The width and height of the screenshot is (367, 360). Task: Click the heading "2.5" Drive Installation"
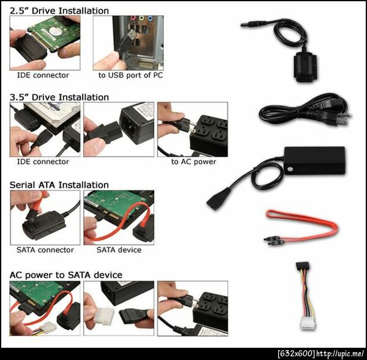tap(59, 11)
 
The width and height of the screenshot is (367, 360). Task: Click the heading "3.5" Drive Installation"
tap(59, 97)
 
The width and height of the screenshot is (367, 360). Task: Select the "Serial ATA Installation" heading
tap(59, 185)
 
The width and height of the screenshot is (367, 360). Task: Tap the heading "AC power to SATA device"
tap(66, 275)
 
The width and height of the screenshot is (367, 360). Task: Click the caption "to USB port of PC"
tap(130, 75)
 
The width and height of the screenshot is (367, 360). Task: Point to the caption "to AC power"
tap(193, 162)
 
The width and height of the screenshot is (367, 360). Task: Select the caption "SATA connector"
tap(45, 250)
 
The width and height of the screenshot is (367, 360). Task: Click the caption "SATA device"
tap(119, 250)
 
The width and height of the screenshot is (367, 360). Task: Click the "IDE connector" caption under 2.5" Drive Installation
tap(43, 75)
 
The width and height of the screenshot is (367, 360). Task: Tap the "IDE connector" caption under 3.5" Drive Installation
tap(43, 162)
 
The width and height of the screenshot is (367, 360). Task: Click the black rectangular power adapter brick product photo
tap(314, 160)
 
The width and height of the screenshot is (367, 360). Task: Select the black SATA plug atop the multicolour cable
tap(302, 266)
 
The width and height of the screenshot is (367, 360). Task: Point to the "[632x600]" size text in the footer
tap(297, 353)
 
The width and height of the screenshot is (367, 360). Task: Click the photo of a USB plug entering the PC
tap(128, 43)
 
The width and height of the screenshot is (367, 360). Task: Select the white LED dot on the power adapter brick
tap(289, 168)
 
